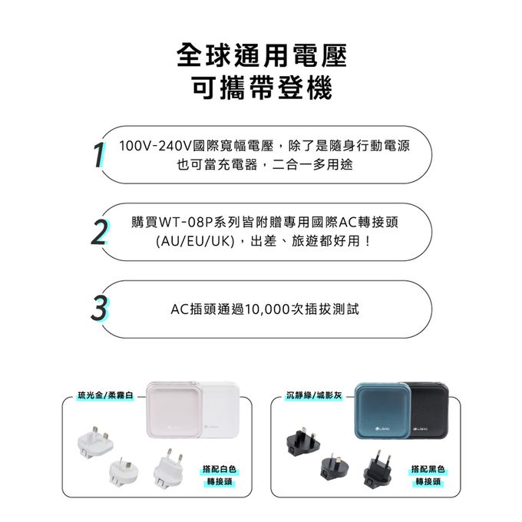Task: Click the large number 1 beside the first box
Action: click(100, 155)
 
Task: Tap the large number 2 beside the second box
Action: click(99, 232)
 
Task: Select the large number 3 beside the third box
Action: click(99, 309)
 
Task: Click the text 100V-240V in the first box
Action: click(155, 146)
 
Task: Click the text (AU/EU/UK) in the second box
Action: click(195, 241)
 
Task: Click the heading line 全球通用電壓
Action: click(262, 55)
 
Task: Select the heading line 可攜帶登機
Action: click(262, 88)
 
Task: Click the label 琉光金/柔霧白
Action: click(105, 395)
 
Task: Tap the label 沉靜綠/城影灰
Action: click(314, 395)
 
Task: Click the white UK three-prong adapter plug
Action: click(95, 441)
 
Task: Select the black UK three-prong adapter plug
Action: click(303, 441)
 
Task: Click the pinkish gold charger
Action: click(174, 409)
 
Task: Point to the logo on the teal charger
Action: click(383, 429)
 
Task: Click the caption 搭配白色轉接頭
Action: click(220, 475)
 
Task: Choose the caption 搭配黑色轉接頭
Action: click(428, 475)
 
